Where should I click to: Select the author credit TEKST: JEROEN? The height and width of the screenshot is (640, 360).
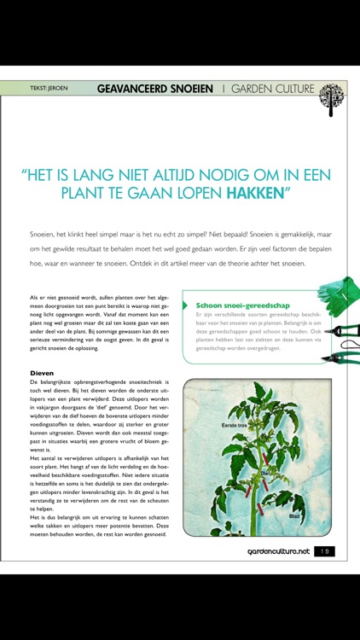[x=49, y=88]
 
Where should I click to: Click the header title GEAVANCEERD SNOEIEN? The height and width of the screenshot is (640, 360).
[x=154, y=88]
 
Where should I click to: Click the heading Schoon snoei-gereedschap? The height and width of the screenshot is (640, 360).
[x=240, y=305]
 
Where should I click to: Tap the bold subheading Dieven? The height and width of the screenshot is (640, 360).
[x=42, y=373]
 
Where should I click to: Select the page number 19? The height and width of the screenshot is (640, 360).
[x=324, y=552]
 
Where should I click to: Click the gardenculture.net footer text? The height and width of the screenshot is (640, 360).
[x=272, y=552]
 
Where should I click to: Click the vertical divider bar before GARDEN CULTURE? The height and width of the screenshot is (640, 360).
[x=224, y=88]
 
